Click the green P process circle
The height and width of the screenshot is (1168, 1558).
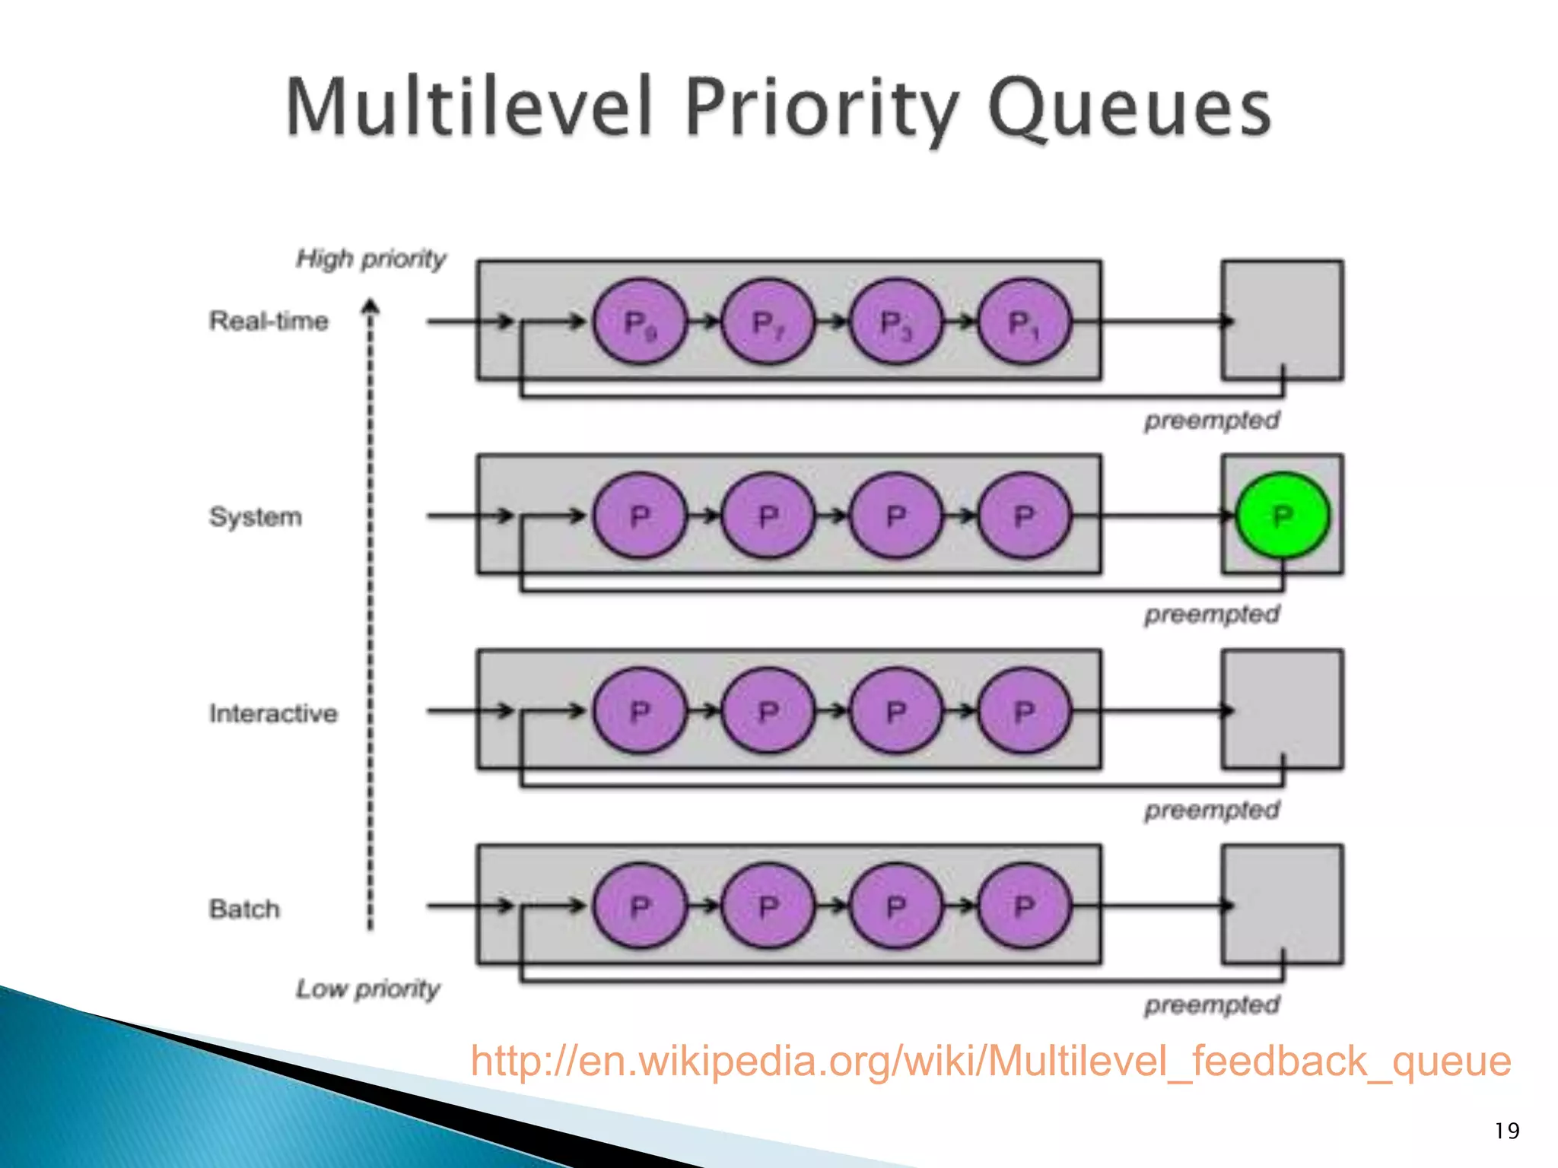(x=1283, y=516)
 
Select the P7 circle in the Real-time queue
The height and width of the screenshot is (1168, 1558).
(x=768, y=322)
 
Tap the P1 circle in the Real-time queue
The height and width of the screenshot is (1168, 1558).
(x=1024, y=322)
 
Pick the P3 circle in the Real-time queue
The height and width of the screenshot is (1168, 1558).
(x=896, y=322)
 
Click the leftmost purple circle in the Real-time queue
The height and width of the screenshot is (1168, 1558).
(x=640, y=322)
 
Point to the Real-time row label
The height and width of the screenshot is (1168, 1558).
(x=269, y=321)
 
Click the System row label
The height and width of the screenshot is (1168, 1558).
(x=256, y=517)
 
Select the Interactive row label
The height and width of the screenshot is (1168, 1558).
(x=273, y=713)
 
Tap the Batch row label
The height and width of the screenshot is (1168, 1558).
(x=244, y=909)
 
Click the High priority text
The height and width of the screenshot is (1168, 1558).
(x=370, y=259)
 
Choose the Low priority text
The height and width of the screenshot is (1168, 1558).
(x=368, y=989)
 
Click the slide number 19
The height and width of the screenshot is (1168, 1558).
(x=1506, y=1131)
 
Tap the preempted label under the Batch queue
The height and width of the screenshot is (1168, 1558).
(x=1212, y=1005)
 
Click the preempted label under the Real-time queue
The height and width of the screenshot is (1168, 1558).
(x=1212, y=420)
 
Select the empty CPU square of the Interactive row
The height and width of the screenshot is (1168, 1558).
(x=1283, y=709)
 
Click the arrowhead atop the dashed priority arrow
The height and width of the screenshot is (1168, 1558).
(x=370, y=306)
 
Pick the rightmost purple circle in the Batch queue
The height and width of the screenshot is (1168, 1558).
(x=1024, y=905)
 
